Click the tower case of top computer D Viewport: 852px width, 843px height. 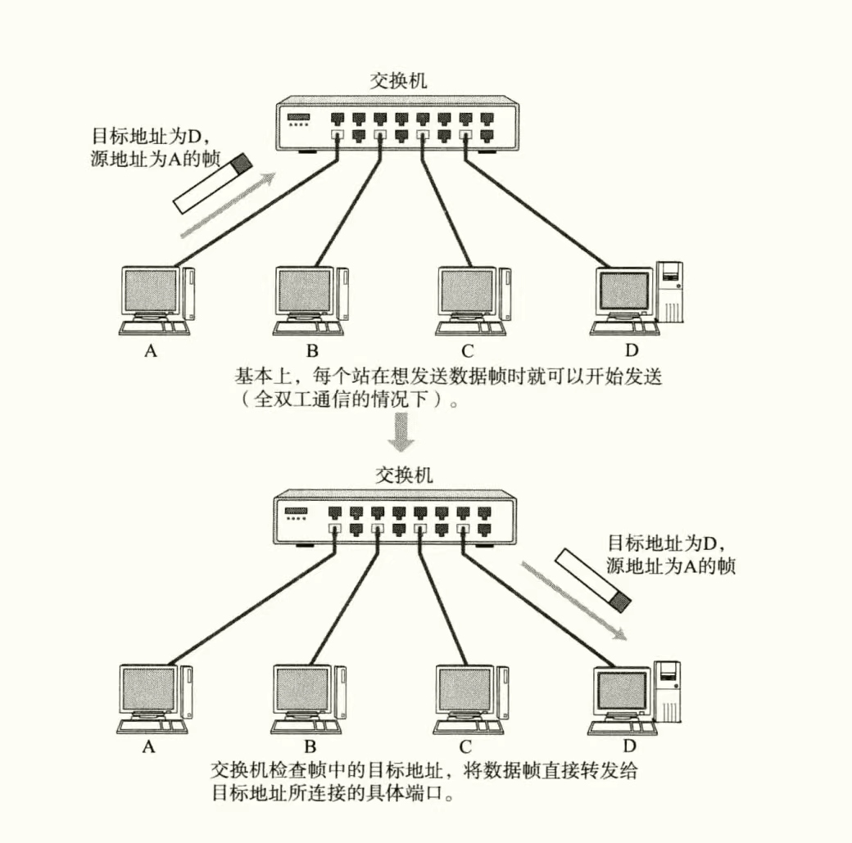coord(671,291)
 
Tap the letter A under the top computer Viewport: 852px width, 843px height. coord(150,351)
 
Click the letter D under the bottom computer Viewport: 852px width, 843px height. coord(629,746)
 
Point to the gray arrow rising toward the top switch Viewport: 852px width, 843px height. coord(226,205)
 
